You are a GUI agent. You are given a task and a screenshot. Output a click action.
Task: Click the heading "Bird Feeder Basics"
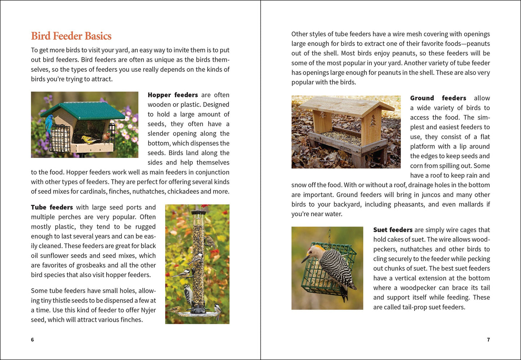[71, 36]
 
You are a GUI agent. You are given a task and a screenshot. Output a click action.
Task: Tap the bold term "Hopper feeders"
[173, 95]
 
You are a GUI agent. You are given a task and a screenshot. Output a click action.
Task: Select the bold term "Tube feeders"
[52, 207]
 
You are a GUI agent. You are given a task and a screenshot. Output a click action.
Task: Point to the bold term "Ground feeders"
[438, 98]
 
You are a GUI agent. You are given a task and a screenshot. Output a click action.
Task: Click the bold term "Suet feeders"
[393, 230]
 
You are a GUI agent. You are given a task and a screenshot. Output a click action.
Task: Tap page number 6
[32, 340]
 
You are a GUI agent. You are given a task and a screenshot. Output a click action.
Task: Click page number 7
[488, 340]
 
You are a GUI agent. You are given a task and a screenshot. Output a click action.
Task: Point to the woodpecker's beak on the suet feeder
[305, 259]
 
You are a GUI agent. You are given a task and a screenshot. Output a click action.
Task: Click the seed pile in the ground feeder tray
[341, 137]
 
